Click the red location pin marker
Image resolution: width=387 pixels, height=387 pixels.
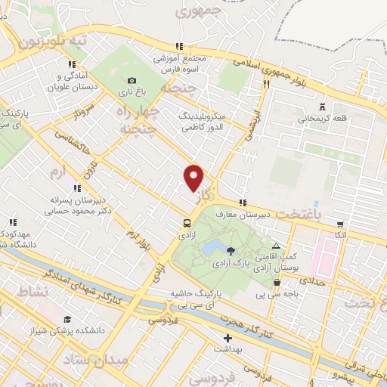(194, 178)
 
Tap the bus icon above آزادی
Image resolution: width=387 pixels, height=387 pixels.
(186, 222)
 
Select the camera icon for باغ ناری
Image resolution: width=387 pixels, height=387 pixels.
(132, 80)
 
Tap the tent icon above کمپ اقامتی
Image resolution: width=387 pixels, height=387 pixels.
(276, 246)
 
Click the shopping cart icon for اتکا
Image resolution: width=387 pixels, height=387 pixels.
(340, 224)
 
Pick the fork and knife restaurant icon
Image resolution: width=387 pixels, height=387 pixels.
(266, 85)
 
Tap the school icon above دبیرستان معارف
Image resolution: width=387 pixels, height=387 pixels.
(242, 203)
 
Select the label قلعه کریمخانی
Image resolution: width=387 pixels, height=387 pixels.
(322, 118)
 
